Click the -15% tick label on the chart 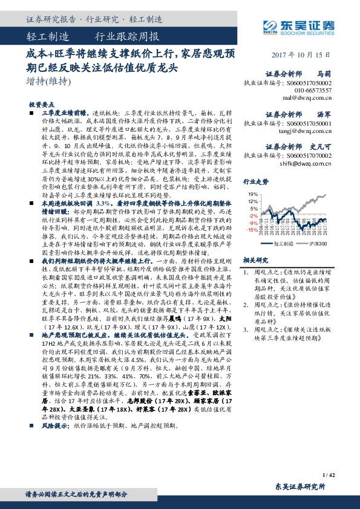(x=252, y=230)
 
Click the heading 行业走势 (x=255, y=181)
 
